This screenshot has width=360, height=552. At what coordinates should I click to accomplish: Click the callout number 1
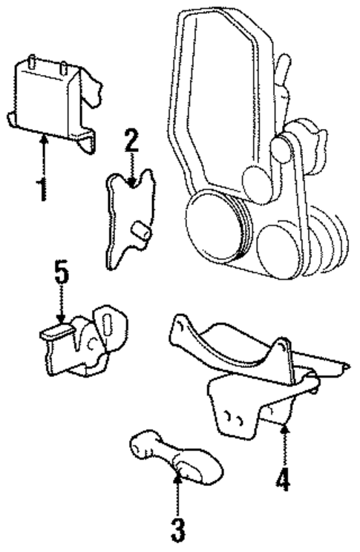[43, 188]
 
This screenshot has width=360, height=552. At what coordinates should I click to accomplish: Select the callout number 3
[177, 530]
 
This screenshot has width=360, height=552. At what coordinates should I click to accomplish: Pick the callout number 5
[62, 274]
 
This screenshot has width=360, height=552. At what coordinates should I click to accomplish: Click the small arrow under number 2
[131, 168]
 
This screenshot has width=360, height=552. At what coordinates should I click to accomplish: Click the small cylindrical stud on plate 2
[140, 233]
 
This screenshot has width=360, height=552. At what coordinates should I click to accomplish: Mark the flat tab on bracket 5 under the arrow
[56, 332]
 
